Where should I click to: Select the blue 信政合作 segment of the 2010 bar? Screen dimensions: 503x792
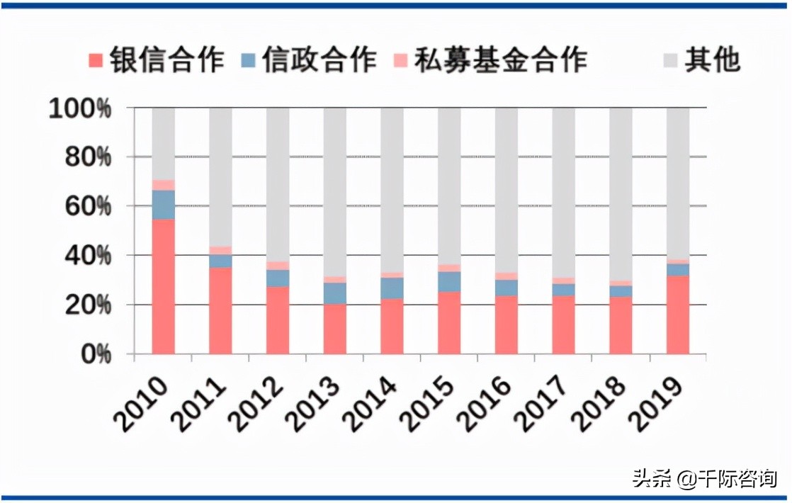click(x=163, y=204)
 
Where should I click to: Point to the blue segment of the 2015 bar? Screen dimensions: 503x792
click(x=449, y=281)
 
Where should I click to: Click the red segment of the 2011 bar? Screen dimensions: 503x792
click(x=220, y=310)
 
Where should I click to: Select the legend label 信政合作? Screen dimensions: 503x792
click(x=319, y=60)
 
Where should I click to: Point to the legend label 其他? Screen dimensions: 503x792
click(x=712, y=60)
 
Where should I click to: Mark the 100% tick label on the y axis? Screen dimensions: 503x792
click(x=80, y=109)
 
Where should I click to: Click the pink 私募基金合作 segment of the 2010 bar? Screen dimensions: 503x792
click(x=163, y=185)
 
